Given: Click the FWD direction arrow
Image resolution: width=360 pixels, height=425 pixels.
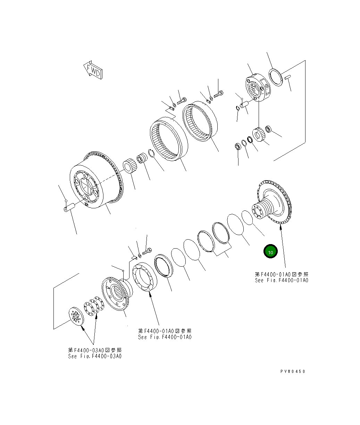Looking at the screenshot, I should point(93,70).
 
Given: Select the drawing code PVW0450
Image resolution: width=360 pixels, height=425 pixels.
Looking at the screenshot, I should point(293,371).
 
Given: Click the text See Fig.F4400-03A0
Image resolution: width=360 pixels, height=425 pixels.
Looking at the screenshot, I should point(95,356).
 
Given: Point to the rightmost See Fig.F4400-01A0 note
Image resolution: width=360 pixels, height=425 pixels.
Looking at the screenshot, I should point(282,280).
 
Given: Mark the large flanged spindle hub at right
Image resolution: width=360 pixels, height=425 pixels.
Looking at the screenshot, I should point(274,203).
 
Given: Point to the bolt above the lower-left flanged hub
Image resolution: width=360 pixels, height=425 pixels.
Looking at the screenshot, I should point(147,250).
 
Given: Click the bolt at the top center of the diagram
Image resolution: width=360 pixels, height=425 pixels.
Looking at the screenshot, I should point(219,93).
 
